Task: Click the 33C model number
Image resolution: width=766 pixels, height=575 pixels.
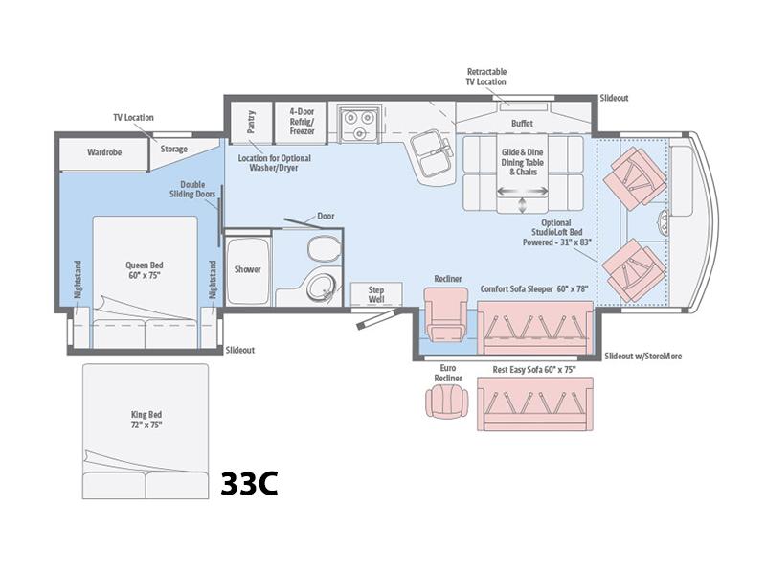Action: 249,483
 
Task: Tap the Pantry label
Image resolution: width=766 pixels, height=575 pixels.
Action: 251,122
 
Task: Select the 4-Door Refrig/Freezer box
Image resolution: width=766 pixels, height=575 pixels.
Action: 301,123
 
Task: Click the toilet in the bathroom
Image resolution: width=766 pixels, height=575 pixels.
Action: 325,248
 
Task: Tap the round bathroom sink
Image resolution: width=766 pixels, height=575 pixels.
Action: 321,288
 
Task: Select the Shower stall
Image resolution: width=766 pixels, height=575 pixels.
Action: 247,269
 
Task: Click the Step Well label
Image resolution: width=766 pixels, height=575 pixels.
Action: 376,294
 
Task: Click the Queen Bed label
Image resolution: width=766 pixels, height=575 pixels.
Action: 145,270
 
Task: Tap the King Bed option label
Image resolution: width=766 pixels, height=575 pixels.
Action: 146,420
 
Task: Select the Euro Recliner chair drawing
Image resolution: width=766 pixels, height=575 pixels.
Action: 447,401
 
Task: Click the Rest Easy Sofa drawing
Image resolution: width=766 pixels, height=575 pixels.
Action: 535,403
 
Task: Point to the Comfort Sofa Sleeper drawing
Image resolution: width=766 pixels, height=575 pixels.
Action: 535,328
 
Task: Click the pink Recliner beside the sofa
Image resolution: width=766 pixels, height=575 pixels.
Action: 446,314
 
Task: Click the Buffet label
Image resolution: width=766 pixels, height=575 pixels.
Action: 522,124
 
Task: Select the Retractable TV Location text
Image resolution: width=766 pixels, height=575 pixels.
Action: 486,77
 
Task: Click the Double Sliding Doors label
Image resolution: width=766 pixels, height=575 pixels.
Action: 192,189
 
